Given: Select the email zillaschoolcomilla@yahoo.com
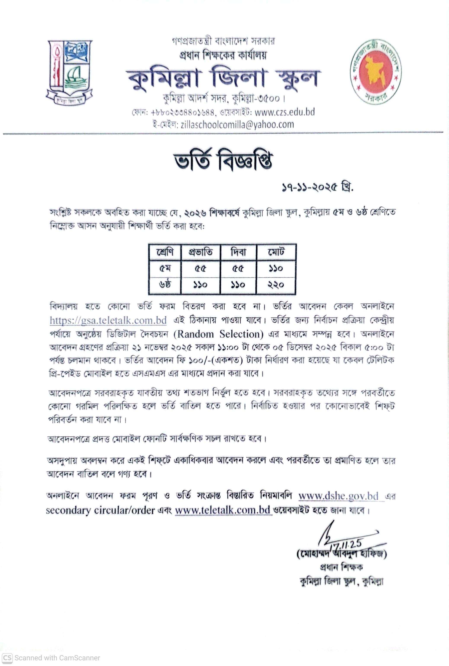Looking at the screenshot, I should pyautogui.click(x=237, y=125).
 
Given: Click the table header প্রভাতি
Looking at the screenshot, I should pyautogui.click(x=200, y=252).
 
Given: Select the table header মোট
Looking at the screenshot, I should pyautogui.click(x=276, y=252).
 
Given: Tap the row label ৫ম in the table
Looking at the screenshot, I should pyautogui.click(x=165, y=269).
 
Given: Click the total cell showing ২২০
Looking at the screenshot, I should pyautogui.click(x=276, y=285).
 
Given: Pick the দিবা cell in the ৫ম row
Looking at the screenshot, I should pyautogui.click(x=238, y=269).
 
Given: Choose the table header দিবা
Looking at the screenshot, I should pyautogui.click(x=238, y=252).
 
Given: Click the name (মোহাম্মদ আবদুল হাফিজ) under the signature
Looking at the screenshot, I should pyautogui.click(x=342, y=554).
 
